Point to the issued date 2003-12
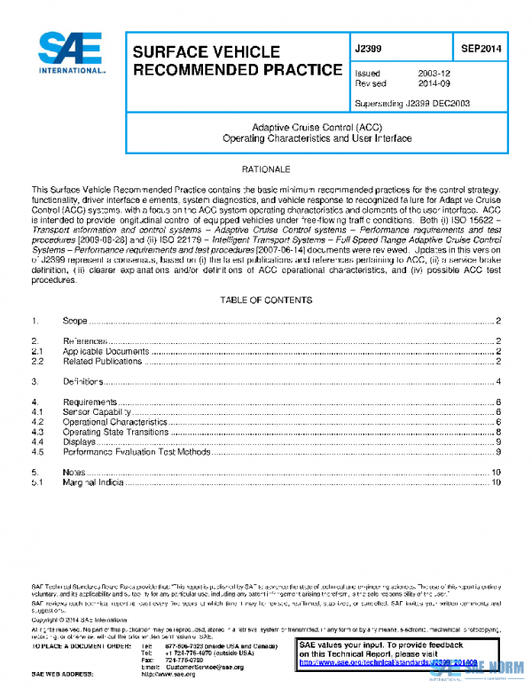click(x=434, y=74)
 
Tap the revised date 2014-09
click(x=434, y=84)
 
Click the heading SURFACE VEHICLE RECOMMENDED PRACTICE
click(x=237, y=61)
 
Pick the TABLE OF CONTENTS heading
click(x=266, y=301)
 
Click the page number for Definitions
click(x=500, y=381)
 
